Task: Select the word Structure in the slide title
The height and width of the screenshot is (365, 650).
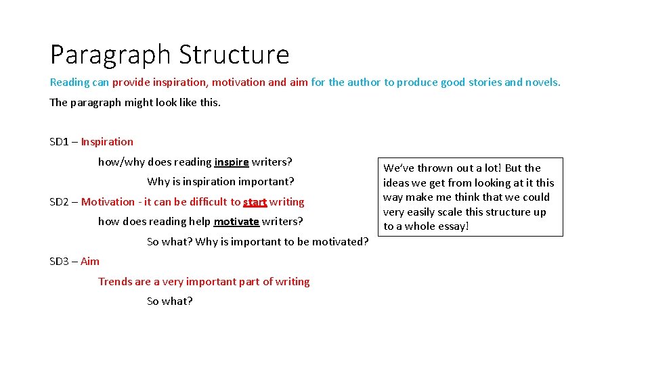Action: point(234,55)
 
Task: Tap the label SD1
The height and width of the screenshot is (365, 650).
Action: point(59,142)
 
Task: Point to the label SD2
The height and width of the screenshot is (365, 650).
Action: point(59,201)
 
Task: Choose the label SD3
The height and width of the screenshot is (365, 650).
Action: point(59,262)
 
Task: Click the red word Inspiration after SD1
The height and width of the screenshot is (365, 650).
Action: point(107,142)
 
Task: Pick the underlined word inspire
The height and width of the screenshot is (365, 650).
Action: point(232,162)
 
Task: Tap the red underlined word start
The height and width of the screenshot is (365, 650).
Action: point(255,201)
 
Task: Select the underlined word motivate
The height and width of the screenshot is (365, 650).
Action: point(236,222)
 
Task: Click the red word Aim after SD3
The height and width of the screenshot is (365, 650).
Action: point(90,262)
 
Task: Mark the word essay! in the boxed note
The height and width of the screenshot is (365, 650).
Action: point(452,226)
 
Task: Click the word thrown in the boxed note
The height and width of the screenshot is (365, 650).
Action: point(430,168)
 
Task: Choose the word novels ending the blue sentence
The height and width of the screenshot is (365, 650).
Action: point(542,82)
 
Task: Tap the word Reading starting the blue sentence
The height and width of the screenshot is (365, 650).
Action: point(70,82)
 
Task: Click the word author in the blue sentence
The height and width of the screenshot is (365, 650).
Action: point(364,82)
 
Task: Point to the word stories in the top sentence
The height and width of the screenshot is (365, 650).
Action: point(484,82)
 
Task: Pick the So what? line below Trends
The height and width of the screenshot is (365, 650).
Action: point(169,301)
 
